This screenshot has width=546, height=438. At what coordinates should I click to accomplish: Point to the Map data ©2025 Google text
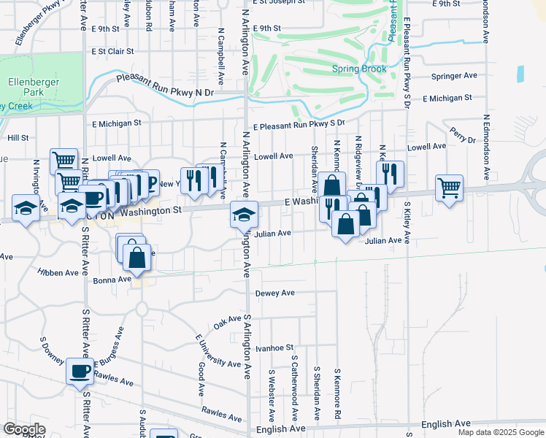pos(501,432)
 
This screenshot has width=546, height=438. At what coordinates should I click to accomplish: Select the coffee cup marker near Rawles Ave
pos(80,372)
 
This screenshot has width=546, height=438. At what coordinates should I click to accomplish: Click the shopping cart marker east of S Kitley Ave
pos(449,188)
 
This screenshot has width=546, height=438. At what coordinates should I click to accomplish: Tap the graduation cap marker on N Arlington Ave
pos(244,215)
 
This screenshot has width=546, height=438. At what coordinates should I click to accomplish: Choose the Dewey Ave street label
pos(274,293)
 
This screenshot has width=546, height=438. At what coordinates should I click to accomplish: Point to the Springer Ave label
pos(453,75)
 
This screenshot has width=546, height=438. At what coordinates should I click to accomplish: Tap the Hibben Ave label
pos(62,272)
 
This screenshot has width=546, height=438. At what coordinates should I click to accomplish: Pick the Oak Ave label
pos(227,321)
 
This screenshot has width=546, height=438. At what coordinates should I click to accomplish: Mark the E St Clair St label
pos(112,52)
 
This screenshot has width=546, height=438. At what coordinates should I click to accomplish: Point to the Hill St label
pos(18,137)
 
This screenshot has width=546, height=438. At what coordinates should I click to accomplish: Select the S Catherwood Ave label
pos(293,388)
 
